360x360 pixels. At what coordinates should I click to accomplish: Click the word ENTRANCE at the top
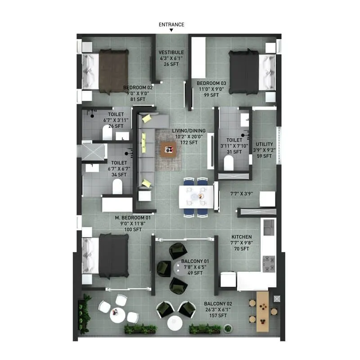171,25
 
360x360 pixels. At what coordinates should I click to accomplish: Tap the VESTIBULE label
171,53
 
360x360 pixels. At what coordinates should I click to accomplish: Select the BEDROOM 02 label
138,88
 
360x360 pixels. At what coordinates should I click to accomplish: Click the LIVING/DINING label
185,131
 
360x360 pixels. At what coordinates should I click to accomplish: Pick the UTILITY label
264,144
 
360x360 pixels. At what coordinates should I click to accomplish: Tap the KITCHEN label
241,237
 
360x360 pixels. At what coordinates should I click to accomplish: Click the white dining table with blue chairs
197,197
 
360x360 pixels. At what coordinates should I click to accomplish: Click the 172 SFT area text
185,143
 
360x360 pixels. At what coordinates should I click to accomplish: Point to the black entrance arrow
171,31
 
